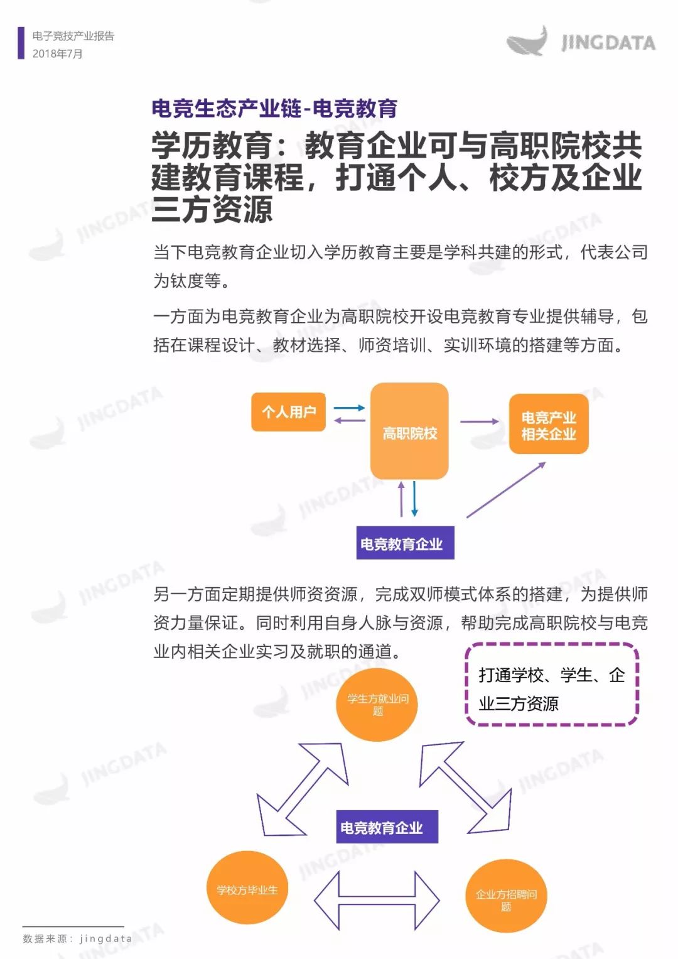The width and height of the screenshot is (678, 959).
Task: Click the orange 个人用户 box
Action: pyautogui.click(x=289, y=412)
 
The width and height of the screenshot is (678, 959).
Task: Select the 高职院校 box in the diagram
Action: pyautogui.click(x=409, y=431)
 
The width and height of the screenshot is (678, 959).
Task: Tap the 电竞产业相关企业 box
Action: pyautogui.click(x=549, y=425)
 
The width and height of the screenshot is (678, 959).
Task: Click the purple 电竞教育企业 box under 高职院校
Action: pyautogui.click(x=406, y=543)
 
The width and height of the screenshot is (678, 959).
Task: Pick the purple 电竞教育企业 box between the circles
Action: pyautogui.click(x=387, y=826)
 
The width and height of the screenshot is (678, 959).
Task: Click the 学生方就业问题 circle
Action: pyautogui.click(x=377, y=705)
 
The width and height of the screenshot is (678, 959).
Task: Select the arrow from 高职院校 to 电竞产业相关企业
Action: pyautogui.click(x=480, y=421)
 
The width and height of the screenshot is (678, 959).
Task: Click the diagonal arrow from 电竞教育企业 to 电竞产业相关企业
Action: pyautogui.click(x=506, y=490)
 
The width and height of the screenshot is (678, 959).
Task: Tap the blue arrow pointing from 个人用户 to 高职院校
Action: pyautogui.click(x=349, y=408)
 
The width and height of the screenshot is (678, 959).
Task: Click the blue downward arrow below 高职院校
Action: pyautogui.click(x=414, y=499)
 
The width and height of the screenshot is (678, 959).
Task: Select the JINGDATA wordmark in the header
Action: pyautogui.click(x=608, y=43)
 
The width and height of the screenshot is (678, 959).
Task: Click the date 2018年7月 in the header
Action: pyautogui.click(x=57, y=54)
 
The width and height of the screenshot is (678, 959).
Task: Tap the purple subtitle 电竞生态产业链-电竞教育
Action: pyautogui.click(x=275, y=108)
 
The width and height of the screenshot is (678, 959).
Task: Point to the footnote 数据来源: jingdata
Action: pyautogui.click(x=77, y=939)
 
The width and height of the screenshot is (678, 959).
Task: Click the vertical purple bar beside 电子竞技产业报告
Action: pyautogui.click(x=21, y=43)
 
